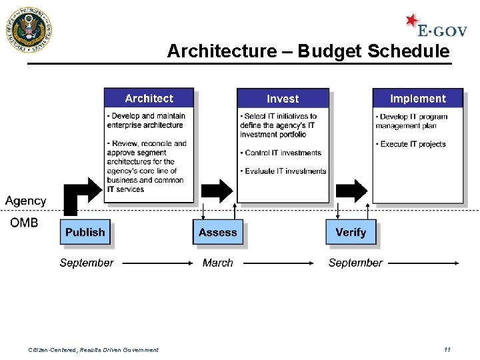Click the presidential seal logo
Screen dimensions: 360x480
28,30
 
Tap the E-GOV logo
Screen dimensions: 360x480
437,27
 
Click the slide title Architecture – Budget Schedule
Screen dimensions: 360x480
308,51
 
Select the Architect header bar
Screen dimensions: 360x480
149,98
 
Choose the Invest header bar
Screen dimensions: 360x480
283,99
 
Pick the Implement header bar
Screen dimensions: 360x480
417,99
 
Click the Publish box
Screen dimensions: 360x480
85,232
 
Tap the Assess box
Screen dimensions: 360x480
218,232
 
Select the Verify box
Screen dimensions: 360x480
351,232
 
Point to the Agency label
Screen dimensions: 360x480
26,201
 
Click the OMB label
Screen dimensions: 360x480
24,223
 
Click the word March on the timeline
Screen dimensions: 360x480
218,263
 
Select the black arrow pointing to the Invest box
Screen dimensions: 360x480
217,191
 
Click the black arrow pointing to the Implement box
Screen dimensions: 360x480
351,191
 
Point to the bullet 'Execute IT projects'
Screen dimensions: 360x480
412,144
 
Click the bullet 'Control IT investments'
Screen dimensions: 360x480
282,153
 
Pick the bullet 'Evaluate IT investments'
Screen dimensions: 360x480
285,171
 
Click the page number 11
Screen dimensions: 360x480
447,349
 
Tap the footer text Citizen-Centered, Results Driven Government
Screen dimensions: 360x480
93,349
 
